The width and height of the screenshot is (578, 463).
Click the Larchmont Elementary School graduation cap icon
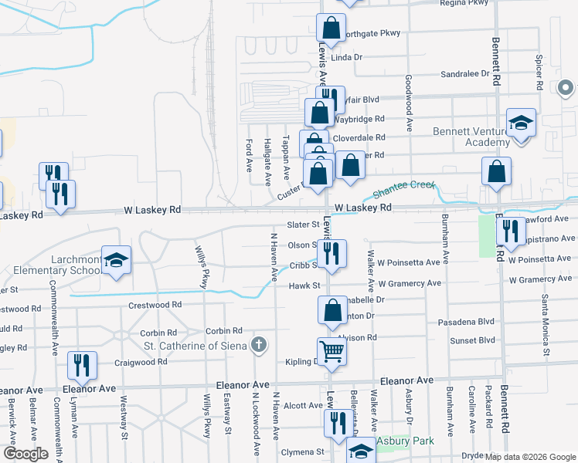pyautogui.click(x=116, y=261)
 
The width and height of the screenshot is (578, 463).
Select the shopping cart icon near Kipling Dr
pyautogui.click(x=331, y=352)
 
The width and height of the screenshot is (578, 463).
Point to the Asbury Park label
pyautogui.click(x=405, y=441)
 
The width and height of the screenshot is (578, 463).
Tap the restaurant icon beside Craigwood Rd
pyautogui.click(x=81, y=365)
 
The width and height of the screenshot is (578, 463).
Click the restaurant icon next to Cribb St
pyautogui.click(x=331, y=254)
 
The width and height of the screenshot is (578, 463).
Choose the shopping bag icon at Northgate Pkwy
pyautogui.click(x=331, y=29)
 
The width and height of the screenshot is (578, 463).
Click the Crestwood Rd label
pyautogui.click(x=155, y=305)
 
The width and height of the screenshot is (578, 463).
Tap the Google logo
pyautogui.click(x=25, y=454)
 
